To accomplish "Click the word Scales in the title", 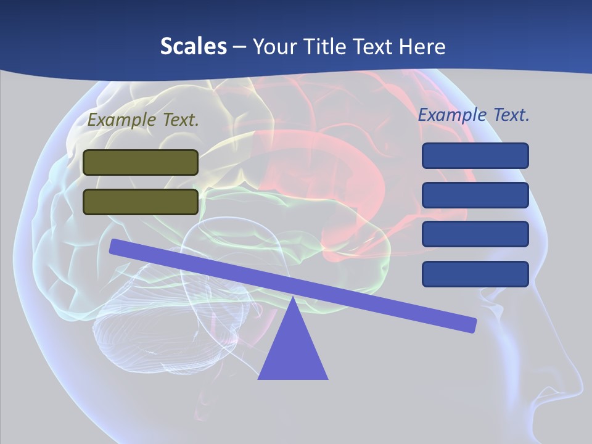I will (193, 46).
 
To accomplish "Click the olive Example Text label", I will (143, 120).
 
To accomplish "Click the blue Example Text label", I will (474, 115).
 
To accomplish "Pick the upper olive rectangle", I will (141, 162).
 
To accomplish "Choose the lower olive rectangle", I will (141, 202).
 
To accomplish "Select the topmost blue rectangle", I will (475, 155).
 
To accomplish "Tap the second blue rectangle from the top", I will (475, 195).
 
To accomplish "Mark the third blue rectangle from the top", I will (475, 234).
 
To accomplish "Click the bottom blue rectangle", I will (475, 274).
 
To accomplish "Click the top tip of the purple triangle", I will (293, 299).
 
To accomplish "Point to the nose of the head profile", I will (577, 385).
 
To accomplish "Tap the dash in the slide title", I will (239, 47).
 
